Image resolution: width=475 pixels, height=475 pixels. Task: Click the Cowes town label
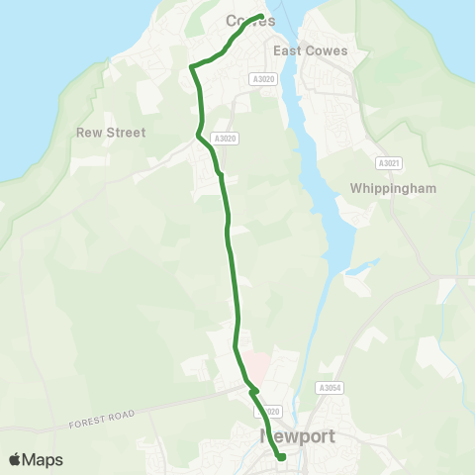coord(249,21)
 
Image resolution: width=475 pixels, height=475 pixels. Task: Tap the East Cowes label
coord(308,50)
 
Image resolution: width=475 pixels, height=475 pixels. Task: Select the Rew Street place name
coord(111,133)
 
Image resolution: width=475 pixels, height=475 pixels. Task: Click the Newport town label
coord(297,435)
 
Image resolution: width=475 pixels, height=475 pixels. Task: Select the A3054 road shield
coord(330,388)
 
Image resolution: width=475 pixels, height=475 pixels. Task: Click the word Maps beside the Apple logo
coord(44,459)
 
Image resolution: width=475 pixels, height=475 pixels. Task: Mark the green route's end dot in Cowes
coord(260,17)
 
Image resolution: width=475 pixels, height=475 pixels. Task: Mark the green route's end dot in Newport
coord(281,456)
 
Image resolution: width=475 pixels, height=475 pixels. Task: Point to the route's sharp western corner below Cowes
coord(190,66)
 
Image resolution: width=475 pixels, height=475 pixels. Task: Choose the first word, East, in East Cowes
coord(288,50)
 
